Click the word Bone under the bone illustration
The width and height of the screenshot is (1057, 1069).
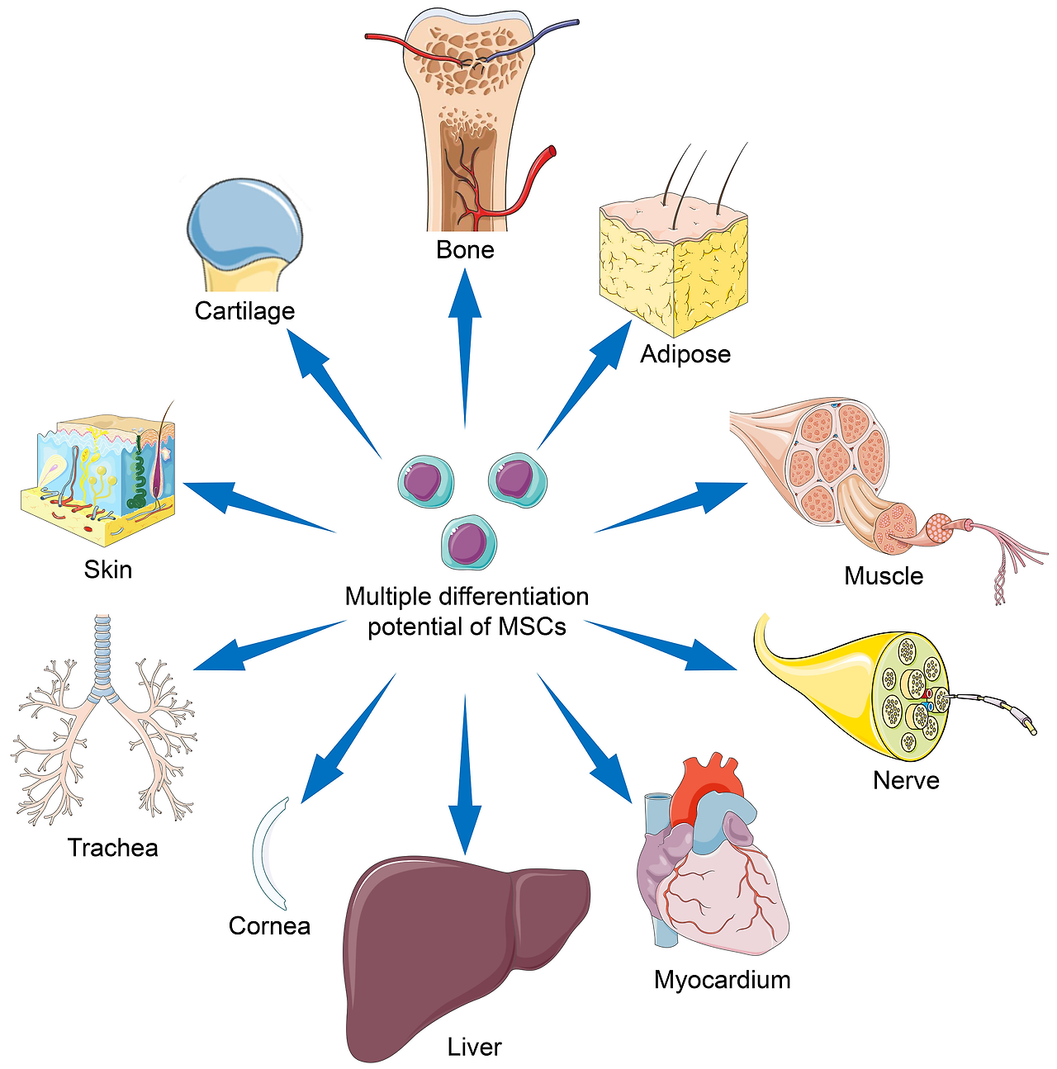pyautogui.click(x=465, y=250)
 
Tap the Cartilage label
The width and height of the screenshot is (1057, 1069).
pyautogui.click(x=244, y=311)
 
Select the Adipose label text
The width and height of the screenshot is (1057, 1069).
pyautogui.click(x=685, y=354)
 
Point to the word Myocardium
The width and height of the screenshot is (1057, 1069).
pyautogui.click(x=722, y=980)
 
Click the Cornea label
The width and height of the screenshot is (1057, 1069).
pyautogui.click(x=269, y=926)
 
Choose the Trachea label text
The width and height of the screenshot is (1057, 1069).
pyautogui.click(x=112, y=848)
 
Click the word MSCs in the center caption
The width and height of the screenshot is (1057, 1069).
pyautogui.click(x=532, y=627)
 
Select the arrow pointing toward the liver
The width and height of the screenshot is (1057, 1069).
pyautogui.click(x=465, y=784)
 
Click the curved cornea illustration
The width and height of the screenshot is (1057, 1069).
pyautogui.click(x=265, y=854)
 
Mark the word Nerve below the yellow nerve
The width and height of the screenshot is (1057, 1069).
pyautogui.click(x=906, y=781)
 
